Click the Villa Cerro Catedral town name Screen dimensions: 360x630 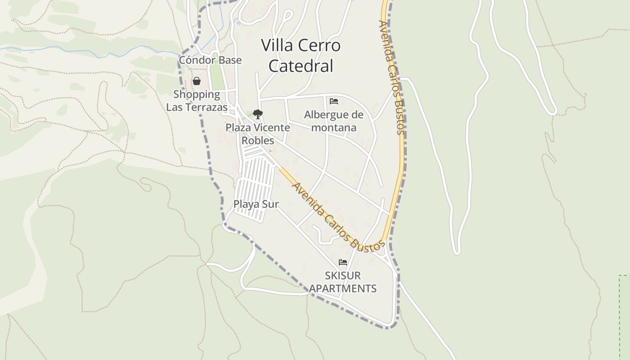[301, 55]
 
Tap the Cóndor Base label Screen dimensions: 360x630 [210, 60]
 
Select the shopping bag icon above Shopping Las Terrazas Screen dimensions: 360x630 [197, 81]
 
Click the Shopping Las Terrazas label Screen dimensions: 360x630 [197, 101]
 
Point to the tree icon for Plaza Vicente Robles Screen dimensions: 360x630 [257, 114]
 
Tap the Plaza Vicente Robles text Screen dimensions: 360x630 [258, 134]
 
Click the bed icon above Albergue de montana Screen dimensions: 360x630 [334, 101]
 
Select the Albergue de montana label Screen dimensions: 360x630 [333, 121]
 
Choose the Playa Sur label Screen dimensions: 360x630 [256, 204]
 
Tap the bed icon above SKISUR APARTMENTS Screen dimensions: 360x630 [343, 262]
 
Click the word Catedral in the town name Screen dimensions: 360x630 [301, 66]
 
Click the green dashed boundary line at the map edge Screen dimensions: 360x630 [620, 315]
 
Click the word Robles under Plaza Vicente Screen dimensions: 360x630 [258, 140]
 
